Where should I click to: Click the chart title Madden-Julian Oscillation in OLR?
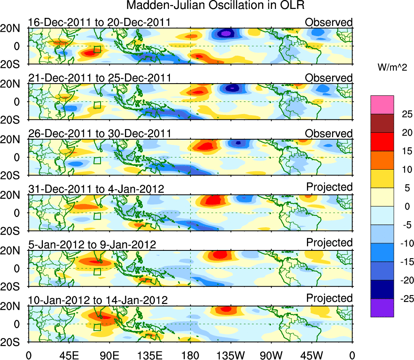pyautogui.click(x=215, y=6)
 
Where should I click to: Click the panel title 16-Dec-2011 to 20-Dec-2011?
pyautogui.click(x=99, y=22)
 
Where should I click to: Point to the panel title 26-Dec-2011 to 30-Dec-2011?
pyautogui.click(x=99, y=134)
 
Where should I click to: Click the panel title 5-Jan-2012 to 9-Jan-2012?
pyautogui.click(x=92, y=245)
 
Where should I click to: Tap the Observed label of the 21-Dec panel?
pyautogui.click(x=329, y=78)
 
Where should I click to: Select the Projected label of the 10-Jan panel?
pyautogui.click(x=329, y=298)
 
